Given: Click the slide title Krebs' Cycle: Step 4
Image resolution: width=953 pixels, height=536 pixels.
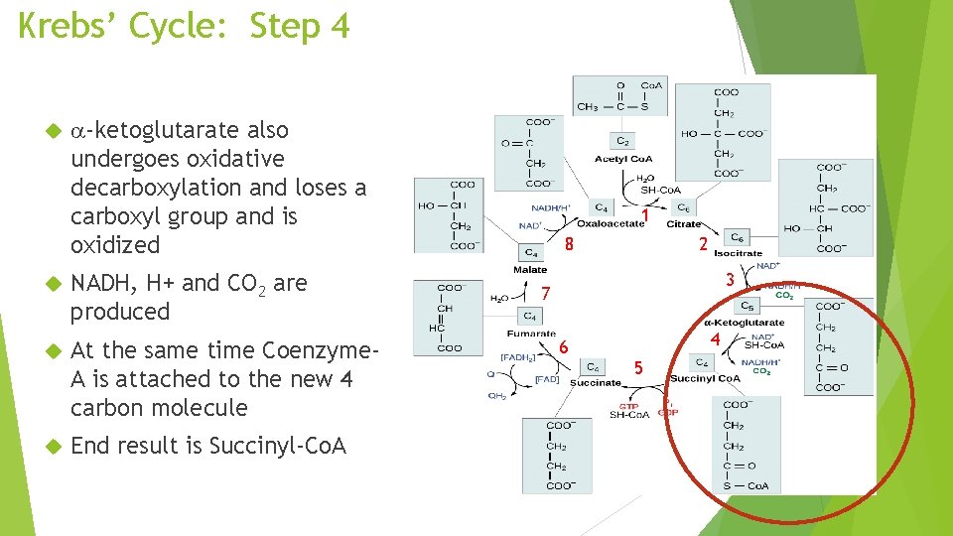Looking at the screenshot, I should pos(185,26).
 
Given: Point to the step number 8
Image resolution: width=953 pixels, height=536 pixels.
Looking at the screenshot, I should pos(568,244).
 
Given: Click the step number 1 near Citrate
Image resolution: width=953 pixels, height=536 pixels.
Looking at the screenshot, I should pos(645,214).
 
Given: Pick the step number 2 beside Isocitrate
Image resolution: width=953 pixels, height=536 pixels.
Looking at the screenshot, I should pos(702,244).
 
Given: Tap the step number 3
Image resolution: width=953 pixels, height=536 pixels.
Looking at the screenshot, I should pos(730,280).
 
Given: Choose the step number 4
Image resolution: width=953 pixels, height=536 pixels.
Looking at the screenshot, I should pos(715,339).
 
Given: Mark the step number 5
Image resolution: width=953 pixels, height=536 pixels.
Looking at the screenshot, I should pos(638,368).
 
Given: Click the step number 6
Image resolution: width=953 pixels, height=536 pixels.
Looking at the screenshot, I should pos(563,346).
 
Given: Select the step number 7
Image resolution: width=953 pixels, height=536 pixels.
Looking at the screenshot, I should pos(545,294).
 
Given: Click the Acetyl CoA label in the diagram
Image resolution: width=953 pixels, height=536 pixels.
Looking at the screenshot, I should pos(622,159).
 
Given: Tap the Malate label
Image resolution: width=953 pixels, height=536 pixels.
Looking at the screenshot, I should pos(530,269).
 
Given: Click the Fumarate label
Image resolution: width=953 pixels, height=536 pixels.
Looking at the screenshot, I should pos(531,334).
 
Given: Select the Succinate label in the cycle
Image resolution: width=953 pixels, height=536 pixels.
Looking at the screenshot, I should pos(595,383).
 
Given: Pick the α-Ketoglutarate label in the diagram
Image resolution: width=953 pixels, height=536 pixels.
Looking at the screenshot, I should pos(744,322).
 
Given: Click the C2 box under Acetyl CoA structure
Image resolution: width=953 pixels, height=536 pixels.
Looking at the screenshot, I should pos(621,142).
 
